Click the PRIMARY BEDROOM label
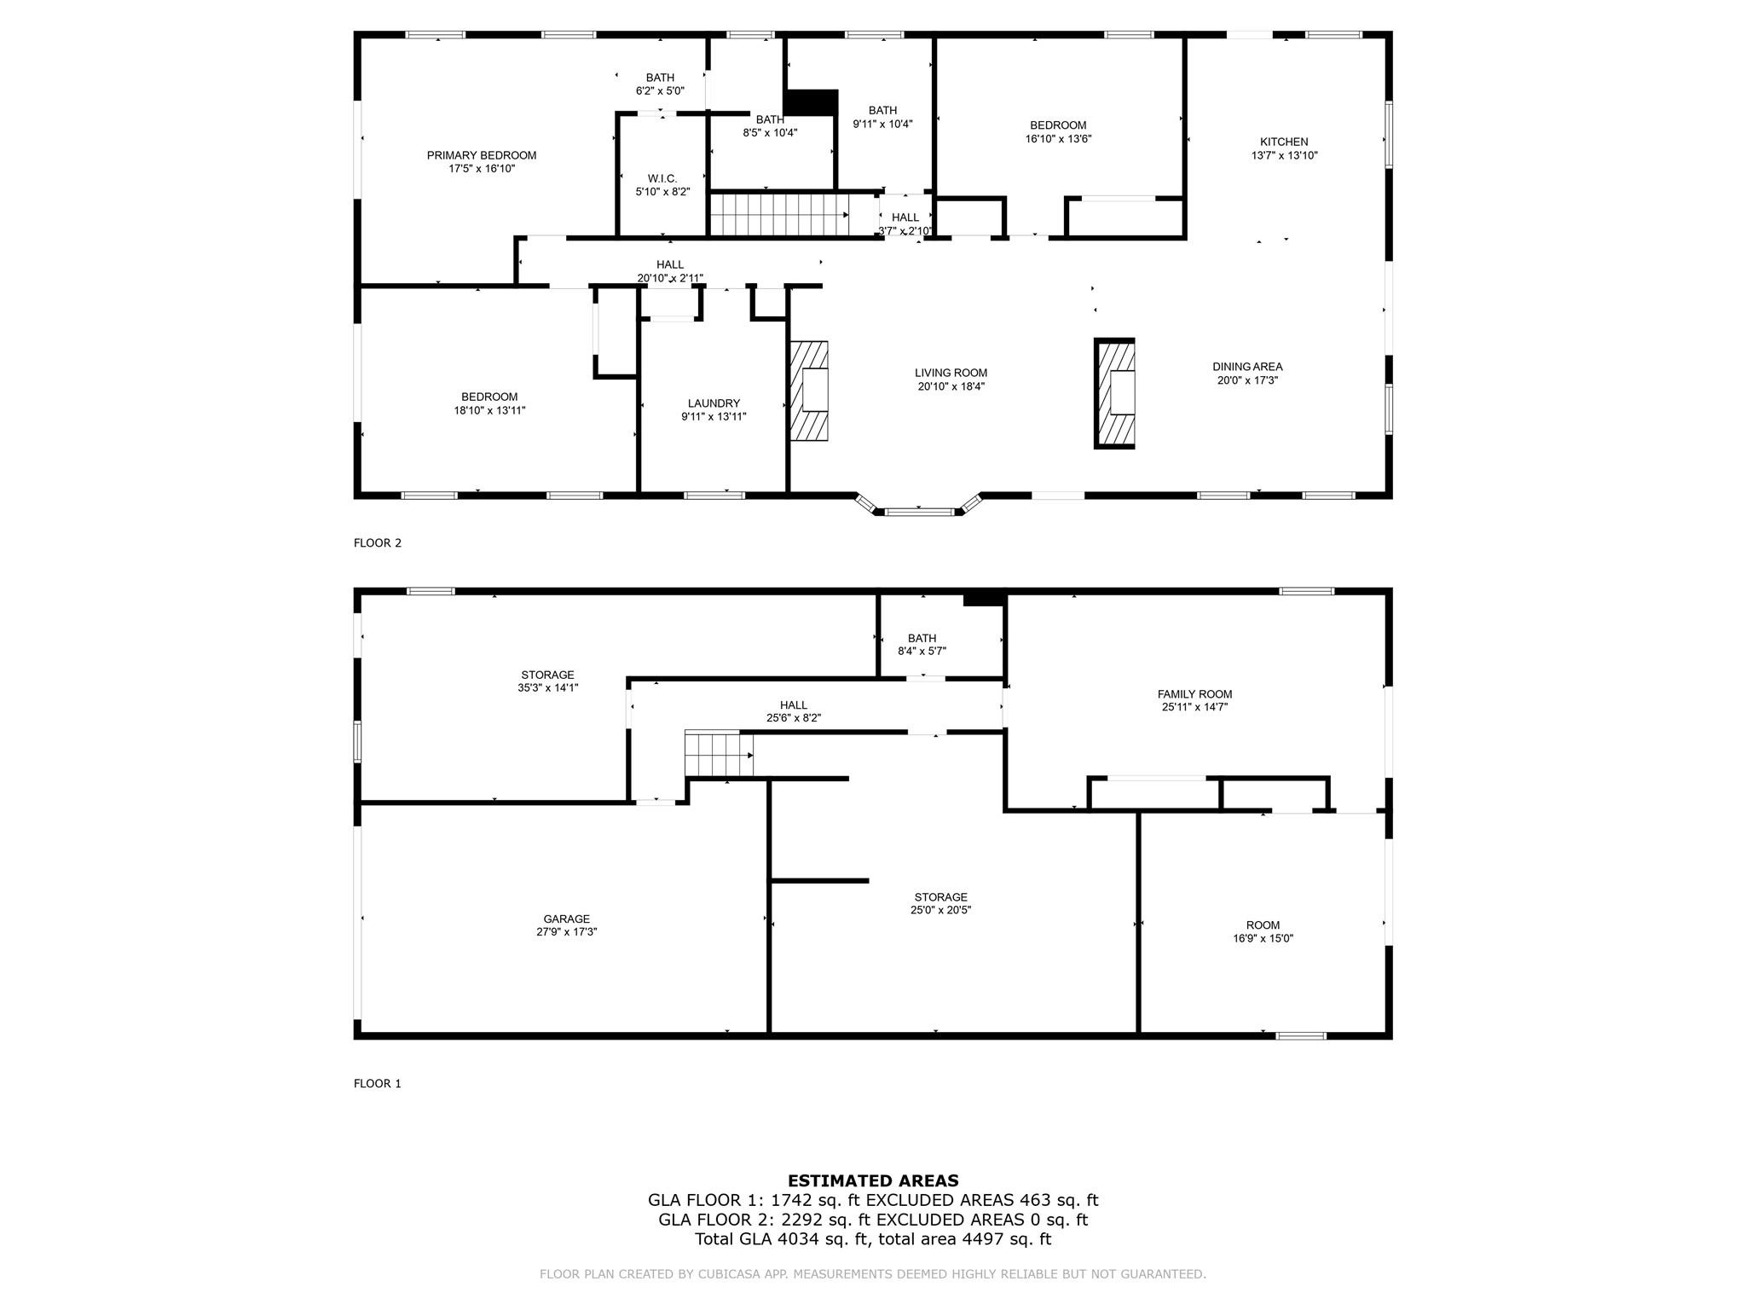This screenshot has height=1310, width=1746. click(481, 155)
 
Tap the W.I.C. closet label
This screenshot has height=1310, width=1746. click(662, 178)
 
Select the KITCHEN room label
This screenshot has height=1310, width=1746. click(1283, 142)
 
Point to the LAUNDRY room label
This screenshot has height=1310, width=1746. click(714, 403)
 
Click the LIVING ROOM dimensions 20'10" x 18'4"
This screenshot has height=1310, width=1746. click(951, 386)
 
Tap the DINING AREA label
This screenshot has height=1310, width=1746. click(1246, 367)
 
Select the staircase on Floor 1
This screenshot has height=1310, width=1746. click(714, 754)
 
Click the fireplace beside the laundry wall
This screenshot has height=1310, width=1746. click(808, 391)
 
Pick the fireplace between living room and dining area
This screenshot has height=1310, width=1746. click(1114, 393)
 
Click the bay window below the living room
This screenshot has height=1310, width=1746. click(918, 509)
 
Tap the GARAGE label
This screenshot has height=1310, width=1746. click(566, 919)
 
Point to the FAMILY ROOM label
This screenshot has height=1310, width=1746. click(1194, 694)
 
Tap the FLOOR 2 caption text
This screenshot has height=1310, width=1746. click(377, 542)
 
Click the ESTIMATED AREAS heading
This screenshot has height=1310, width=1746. click(872, 1180)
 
